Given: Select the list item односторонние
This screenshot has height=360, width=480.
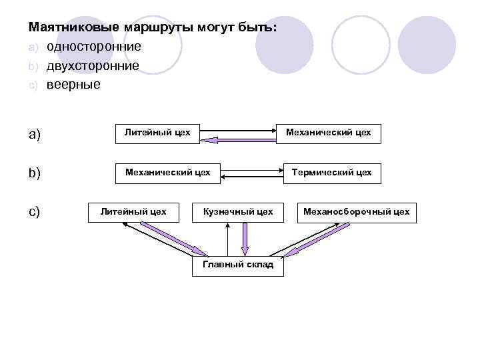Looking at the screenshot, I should [x=93, y=47].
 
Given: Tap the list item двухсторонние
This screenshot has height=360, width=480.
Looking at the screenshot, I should [x=93, y=66].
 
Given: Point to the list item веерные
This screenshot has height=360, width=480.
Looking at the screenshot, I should [x=73, y=85].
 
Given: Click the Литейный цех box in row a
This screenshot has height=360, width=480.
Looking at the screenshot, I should [x=158, y=133].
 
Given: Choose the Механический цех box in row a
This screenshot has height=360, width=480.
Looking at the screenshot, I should [x=329, y=133].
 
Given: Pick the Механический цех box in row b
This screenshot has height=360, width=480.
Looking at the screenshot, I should [x=168, y=173].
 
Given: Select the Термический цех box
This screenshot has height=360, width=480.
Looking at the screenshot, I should [x=332, y=173].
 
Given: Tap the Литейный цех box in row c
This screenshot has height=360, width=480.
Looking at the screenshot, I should [x=133, y=212].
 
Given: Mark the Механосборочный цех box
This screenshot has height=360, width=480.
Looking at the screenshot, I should [x=357, y=212].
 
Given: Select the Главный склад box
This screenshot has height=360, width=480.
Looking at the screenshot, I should [x=238, y=265].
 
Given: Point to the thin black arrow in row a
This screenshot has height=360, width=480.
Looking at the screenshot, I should [x=239, y=130].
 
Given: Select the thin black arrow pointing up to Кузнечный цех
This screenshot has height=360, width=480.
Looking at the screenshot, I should [x=227, y=239].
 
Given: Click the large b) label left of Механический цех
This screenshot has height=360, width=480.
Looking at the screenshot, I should [x=35, y=173].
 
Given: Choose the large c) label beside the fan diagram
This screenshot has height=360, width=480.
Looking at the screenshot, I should [x=35, y=212].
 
